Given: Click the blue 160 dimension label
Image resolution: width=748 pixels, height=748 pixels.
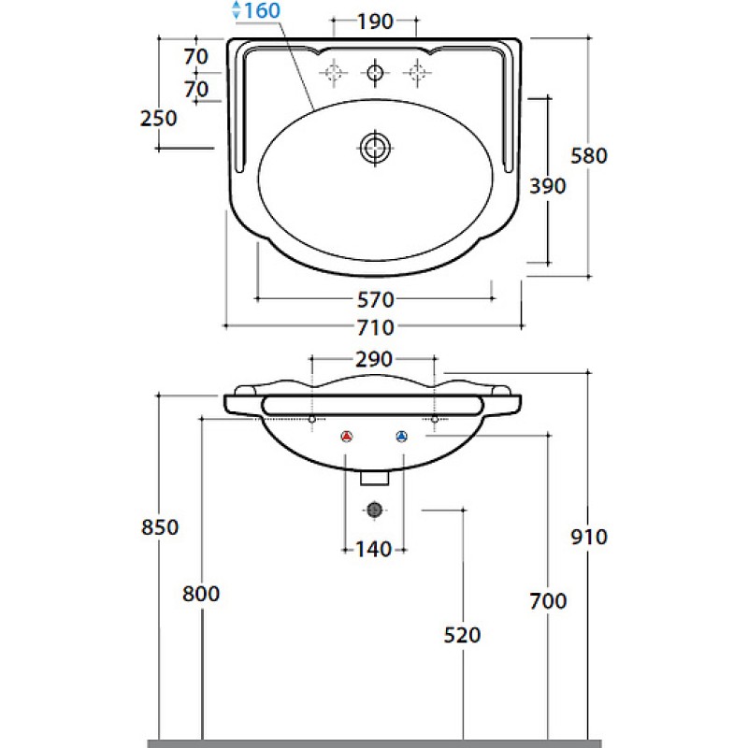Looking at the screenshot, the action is point(262,10).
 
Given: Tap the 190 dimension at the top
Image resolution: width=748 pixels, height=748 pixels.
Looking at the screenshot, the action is point(375,22).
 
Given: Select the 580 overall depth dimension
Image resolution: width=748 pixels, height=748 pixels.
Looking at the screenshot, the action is point(589,155).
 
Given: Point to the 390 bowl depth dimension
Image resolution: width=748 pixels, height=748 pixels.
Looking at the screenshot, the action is point(548,185).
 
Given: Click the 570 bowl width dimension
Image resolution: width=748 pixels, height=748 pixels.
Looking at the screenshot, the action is point(376,299).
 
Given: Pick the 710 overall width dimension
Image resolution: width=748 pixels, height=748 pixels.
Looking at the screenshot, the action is point(376,327).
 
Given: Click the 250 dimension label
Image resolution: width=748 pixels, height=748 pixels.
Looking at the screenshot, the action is point(158,119).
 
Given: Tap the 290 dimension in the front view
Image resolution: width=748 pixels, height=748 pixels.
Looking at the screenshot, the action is point(374,359).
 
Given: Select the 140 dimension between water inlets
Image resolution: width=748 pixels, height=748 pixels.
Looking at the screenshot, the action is point(374,550).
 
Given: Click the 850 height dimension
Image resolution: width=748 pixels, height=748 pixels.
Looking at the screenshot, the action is point(160,527).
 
